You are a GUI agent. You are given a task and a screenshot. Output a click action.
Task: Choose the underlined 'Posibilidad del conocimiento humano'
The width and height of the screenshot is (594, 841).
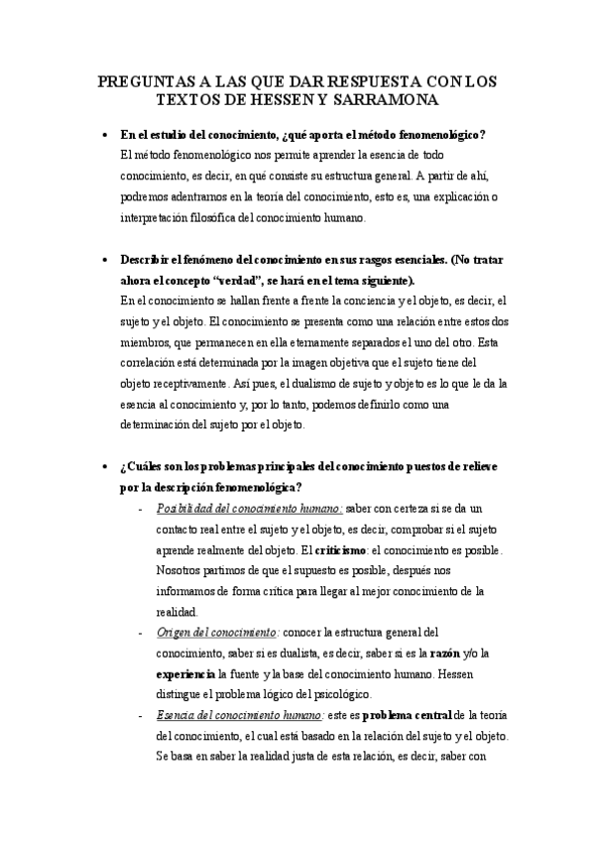click(x=248, y=508)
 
